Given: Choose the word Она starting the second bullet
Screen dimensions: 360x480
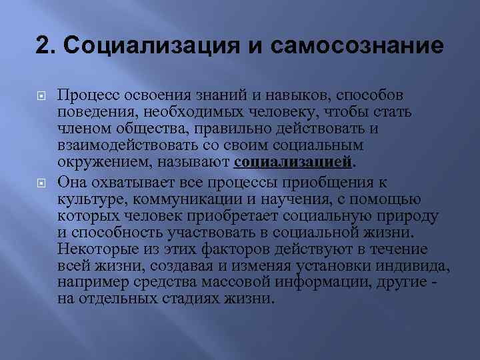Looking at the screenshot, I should pyautogui.click(x=71, y=181).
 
